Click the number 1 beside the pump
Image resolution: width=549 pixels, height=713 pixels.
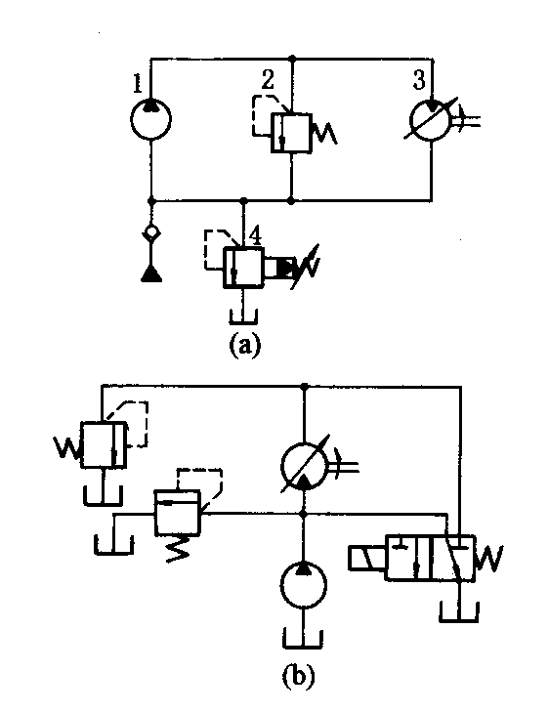pyautogui.click(x=138, y=83)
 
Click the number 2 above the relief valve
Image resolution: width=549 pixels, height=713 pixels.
pyautogui.click(x=268, y=79)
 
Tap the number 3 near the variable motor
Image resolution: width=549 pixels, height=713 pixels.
pyautogui.click(x=419, y=79)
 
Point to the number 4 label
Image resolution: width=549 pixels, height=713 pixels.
pyautogui.click(x=255, y=236)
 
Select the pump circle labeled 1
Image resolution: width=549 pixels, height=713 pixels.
pyautogui.click(x=150, y=119)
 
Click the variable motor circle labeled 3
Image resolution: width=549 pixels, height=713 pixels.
pyautogui.click(x=430, y=120)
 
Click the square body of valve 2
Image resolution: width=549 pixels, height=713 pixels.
pyautogui.click(x=291, y=133)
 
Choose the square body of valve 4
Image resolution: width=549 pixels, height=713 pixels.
pyautogui.click(x=243, y=268)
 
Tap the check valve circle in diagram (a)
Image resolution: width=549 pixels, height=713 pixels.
pyautogui.click(x=151, y=233)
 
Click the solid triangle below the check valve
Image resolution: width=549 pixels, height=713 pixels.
pyautogui.click(x=151, y=273)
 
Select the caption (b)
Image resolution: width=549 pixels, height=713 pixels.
pyautogui.click(x=299, y=675)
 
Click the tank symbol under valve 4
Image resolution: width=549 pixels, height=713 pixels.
pyautogui.click(x=243, y=317)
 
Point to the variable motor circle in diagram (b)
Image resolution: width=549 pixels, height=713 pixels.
pyautogui.click(x=304, y=467)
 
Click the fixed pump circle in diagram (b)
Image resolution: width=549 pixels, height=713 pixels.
pyautogui.click(x=304, y=585)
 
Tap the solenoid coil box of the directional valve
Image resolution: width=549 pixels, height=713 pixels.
pyautogui.click(x=366, y=559)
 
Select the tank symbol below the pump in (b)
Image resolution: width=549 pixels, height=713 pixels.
pyautogui.click(x=303, y=640)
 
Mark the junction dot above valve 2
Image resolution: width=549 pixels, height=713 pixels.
pyautogui.click(x=292, y=59)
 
